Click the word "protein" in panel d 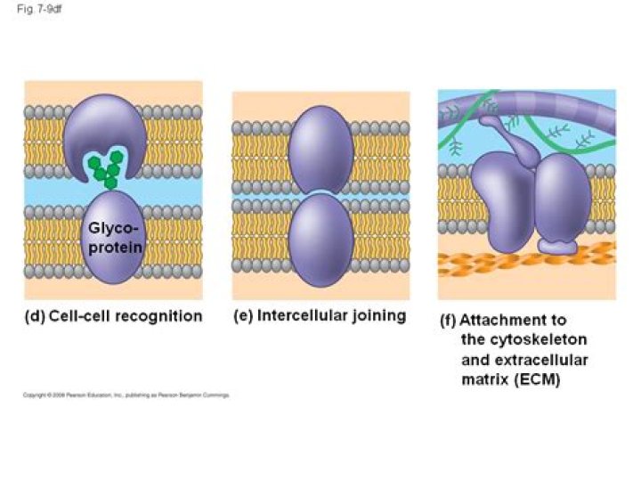point(114,247)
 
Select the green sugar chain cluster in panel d point(106,167)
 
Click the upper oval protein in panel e point(320,150)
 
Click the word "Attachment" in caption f point(513,321)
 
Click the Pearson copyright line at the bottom point(125,395)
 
